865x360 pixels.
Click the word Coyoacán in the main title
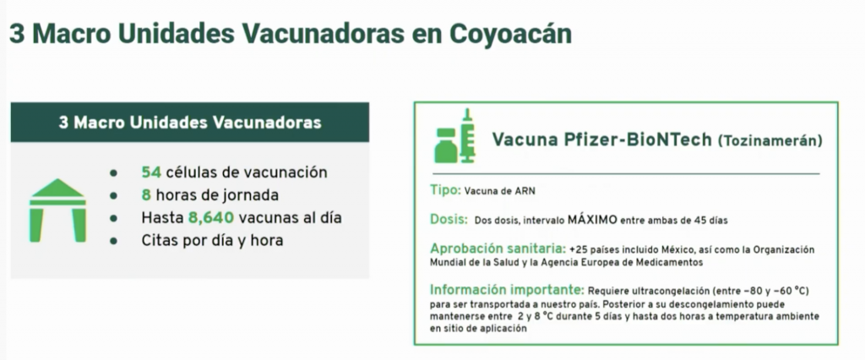coord(510,35)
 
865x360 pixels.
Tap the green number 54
coord(151,172)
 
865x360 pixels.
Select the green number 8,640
coord(211,217)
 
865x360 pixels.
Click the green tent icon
coord(57,210)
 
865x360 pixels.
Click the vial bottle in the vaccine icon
coord(446,145)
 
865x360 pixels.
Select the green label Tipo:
coord(445,190)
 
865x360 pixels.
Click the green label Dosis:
coord(449,219)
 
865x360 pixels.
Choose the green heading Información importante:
coord(507,290)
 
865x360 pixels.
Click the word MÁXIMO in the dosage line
coord(592,220)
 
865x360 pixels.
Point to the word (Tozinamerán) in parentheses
coord(770,141)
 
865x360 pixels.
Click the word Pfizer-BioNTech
coord(638,139)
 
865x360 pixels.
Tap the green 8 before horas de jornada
coord(145,195)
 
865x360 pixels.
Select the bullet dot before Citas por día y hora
coord(113,241)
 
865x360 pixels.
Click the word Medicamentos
coord(672,263)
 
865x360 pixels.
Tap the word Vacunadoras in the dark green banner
coord(267,122)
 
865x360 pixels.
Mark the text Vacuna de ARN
coord(500,192)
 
